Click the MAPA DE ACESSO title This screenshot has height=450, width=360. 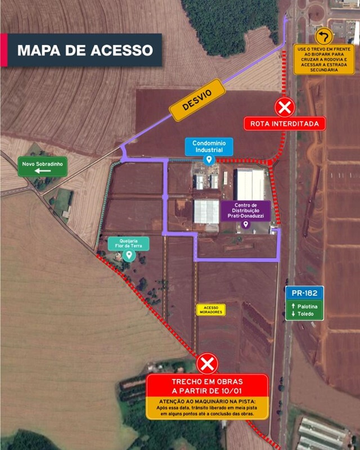click(x=85, y=50)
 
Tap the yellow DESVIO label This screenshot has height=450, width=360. click(x=197, y=100)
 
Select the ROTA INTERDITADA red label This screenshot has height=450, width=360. click(x=285, y=124)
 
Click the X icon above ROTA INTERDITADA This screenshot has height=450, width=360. click(x=285, y=107)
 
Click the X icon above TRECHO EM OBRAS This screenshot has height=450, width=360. click(x=207, y=364)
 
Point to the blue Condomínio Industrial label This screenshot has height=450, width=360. click(x=209, y=146)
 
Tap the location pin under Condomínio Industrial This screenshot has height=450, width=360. click(x=209, y=160)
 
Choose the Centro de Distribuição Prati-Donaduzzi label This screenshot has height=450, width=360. click(x=246, y=210)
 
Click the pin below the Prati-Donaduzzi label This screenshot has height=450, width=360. click(x=245, y=224)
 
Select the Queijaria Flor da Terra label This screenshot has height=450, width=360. click(x=129, y=244)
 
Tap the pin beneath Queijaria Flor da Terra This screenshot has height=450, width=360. click(x=129, y=255)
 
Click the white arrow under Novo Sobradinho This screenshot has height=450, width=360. click(x=43, y=171)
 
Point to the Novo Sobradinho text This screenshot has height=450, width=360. click(x=43, y=164)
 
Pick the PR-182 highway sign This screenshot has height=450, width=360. click(x=304, y=293)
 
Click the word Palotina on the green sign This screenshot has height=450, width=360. click(x=308, y=307)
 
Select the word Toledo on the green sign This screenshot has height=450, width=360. click(x=305, y=314)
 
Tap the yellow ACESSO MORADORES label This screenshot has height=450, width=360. click(x=211, y=310)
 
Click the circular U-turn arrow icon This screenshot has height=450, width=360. click(x=324, y=37)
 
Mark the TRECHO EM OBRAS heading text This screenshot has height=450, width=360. click(x=207, y=386)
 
